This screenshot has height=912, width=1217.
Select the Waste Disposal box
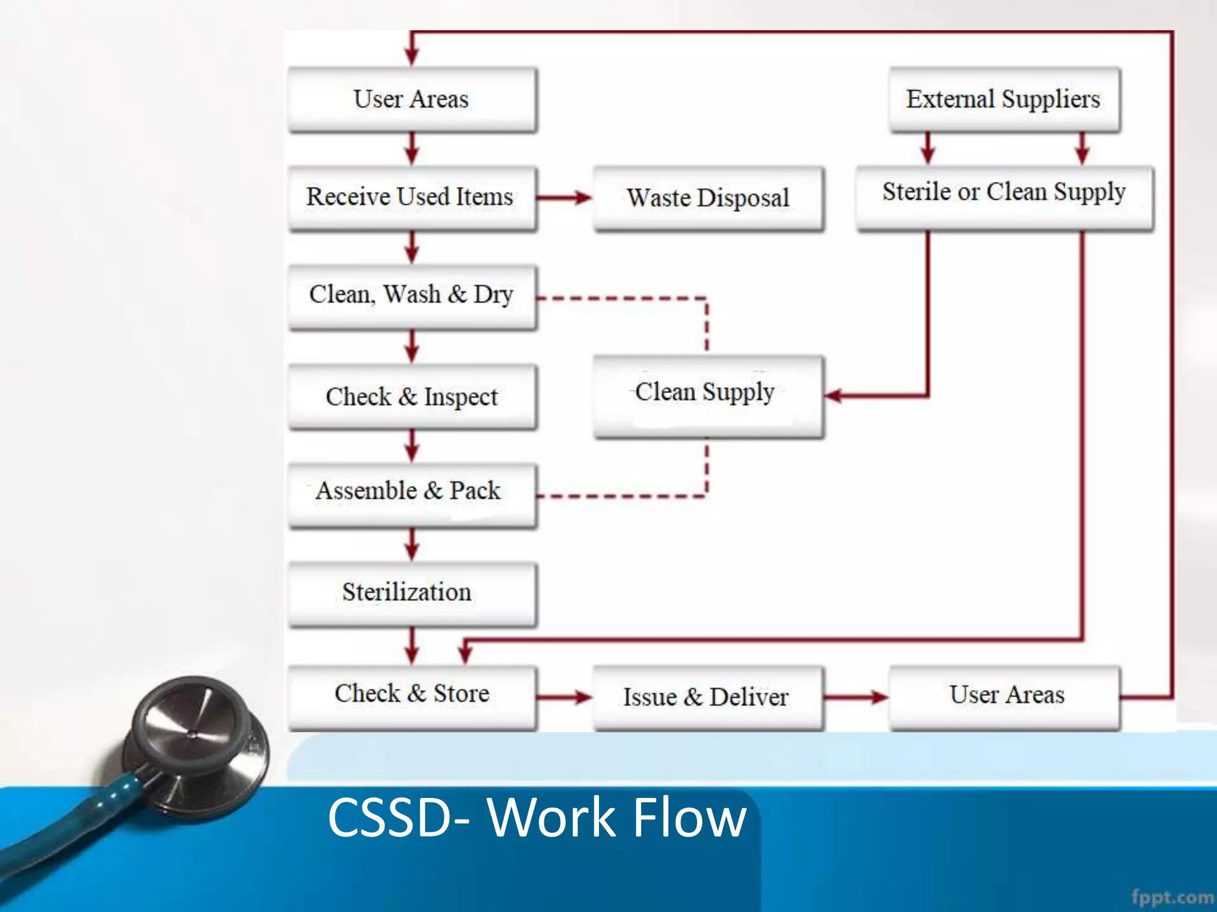point(708,198)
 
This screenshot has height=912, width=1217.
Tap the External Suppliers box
point(1004,99)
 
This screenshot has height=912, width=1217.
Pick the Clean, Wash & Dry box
point(411,295)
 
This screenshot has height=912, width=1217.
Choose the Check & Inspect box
point(411,397)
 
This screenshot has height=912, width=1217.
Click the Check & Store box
point(411,695)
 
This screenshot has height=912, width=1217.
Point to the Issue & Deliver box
point(707,697)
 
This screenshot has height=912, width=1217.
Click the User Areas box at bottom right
point(1005,696)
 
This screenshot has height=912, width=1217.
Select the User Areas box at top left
point(411,99)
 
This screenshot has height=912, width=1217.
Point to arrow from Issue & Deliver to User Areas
point(856,697)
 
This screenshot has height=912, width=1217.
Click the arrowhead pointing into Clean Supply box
point(834,395)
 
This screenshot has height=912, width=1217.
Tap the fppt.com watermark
point(1172,897)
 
